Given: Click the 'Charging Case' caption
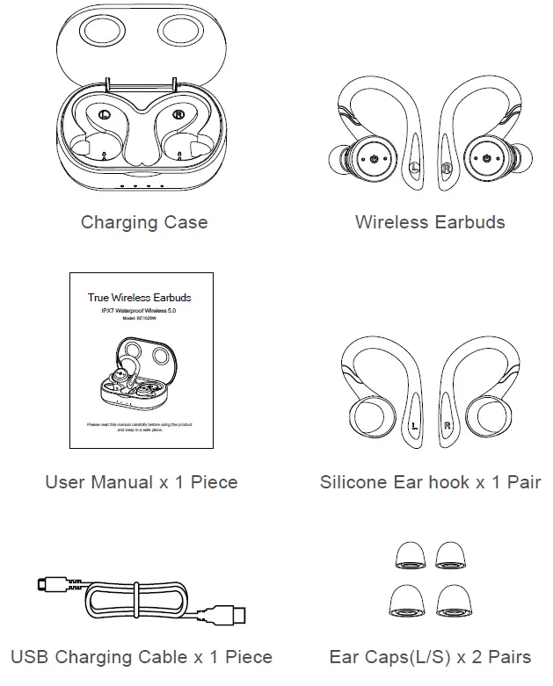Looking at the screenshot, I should pos(144,222).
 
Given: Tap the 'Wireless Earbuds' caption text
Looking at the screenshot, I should pos(430,222).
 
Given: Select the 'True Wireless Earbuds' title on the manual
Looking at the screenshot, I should pos(140,298).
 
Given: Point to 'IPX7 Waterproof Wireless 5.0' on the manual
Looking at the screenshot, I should pos(140,311).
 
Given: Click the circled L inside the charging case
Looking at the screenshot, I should pos(105,114).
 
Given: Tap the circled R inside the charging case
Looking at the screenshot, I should pos(178,114).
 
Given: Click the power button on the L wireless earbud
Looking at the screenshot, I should pos(375,159).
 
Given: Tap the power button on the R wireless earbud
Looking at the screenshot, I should pos(487,159).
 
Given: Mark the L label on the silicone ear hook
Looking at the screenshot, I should pos(414,428).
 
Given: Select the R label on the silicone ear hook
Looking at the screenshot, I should pos(447,428).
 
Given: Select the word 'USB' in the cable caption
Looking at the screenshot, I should pos(28,657).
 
